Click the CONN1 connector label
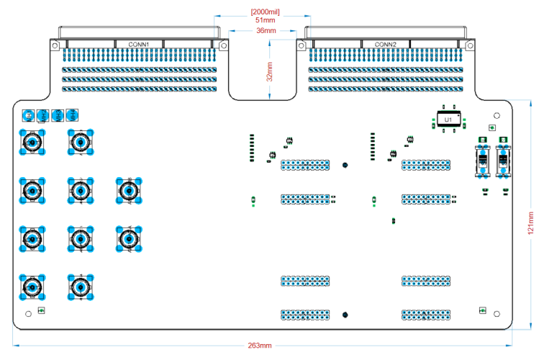point(139,45)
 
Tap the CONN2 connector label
point(385,45)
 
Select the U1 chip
point(448,120)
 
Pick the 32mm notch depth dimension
point(268,71)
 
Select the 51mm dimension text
point(264,20)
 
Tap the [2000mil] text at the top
point(264,12)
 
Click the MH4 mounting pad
point(73,114)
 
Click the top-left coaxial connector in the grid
point(32,143)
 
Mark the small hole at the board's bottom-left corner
point(28,313)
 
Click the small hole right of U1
point(496,115)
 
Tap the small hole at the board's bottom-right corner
point(496,313)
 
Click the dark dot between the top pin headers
point(346,165)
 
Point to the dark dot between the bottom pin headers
point(346,314)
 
